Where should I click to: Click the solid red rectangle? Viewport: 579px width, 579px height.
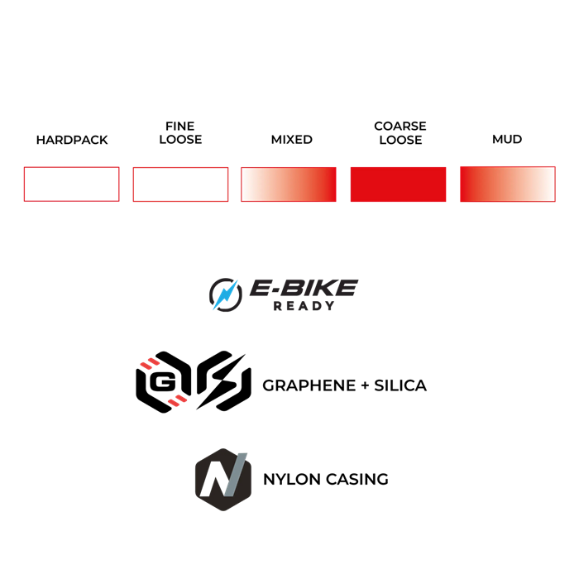click(398, 184)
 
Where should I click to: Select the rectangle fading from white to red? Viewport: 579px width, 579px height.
click(289, 184)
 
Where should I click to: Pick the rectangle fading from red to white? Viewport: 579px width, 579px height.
click(507, 184)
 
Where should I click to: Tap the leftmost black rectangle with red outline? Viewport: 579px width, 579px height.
click(71, 184)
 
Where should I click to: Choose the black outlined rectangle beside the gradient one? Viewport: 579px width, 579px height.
click(180, 184)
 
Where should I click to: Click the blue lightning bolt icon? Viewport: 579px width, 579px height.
click(224, 295)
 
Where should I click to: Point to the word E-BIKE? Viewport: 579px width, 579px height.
click(304, 288)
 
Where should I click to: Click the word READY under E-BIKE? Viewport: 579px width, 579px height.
click(304, 306)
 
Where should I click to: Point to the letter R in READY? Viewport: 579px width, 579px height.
click(277, 306)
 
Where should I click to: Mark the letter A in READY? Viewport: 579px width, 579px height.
click(304, 306)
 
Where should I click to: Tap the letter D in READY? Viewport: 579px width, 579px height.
click(317, 306)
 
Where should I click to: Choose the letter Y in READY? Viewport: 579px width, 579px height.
click(330, 306)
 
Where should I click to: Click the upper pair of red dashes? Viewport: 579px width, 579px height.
click(150, 363)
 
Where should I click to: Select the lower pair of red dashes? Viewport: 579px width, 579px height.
click(177, 401)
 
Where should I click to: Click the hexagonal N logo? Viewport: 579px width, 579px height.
click(223, 479)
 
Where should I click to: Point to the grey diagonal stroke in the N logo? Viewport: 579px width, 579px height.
click(236, 475)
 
